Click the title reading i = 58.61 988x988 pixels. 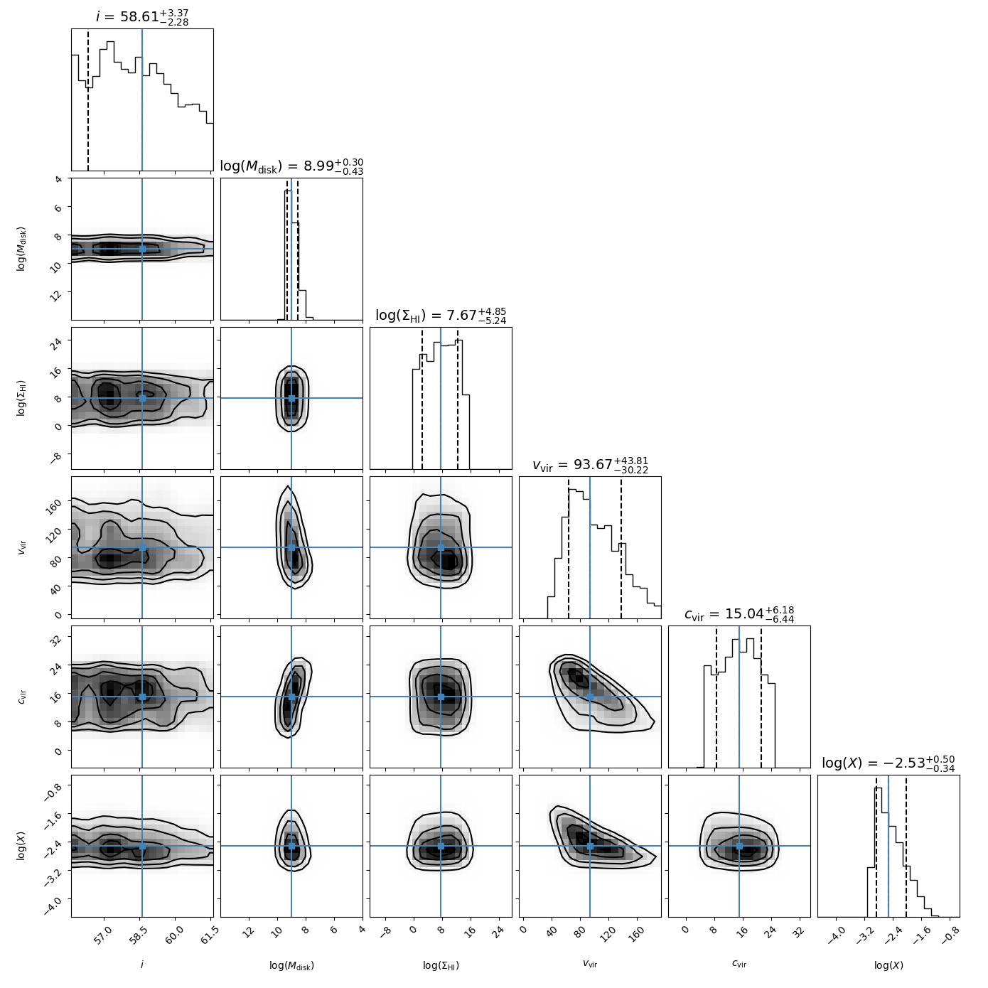pyautogui.click(x=142, y=17)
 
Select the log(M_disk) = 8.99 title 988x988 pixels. pyautogui.click(x=291, y=167)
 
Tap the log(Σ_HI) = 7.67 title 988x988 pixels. pyautogui.click(x=441, y=316)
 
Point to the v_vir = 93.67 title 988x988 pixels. pyautogui.click(x=590, y=465)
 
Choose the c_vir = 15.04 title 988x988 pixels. pyautogui.click(x=739, y=615)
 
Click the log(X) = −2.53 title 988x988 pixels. pyautogui.click(x=888, y=763)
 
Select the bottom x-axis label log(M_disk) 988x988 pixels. pyautogui.click(x=291, y=965)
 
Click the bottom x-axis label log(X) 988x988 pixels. pyautogui.click(x=888, y=965)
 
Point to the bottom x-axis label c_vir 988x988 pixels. pyautogui.click(x=739, y=965)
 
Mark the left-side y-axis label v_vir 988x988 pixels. pyautogui.click(x=21, y=547)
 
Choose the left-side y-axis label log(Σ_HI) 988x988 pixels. pyautogui.click(x=21, y=398)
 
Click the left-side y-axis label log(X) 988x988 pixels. pyautogui.click(x=21, y=846)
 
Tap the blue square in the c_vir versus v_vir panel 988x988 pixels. pyautogui.click(x=590, y=697)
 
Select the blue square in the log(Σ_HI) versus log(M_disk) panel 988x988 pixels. pyautogui.click(x=291, y=398)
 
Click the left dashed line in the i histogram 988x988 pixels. pyautogui.click(x=87, y=100)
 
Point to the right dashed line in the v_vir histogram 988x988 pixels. pyautogui.click(x=621, y=547)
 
